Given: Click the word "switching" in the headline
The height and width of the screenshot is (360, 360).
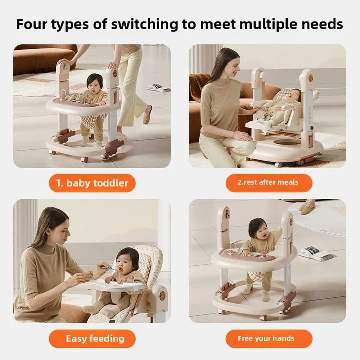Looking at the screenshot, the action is pos(144,25).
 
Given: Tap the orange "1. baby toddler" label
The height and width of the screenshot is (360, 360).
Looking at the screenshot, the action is pos(92,183).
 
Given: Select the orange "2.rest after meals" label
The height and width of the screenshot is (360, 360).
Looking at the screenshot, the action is pos(269,183).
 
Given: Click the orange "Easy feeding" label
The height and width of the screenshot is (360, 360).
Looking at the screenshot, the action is pos(92,339).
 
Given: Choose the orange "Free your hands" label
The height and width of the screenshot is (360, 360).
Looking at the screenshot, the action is pos(269,338).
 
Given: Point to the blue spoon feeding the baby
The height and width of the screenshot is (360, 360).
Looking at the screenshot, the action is pos(109,268).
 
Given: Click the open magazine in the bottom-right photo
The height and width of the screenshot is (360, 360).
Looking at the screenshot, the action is pos(315,254).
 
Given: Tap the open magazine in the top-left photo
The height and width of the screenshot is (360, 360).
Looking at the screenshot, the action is pos(158,88).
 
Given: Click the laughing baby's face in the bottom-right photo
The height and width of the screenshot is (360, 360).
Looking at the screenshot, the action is pos(264,232).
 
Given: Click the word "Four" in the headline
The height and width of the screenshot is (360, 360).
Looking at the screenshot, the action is pos(31,24).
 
